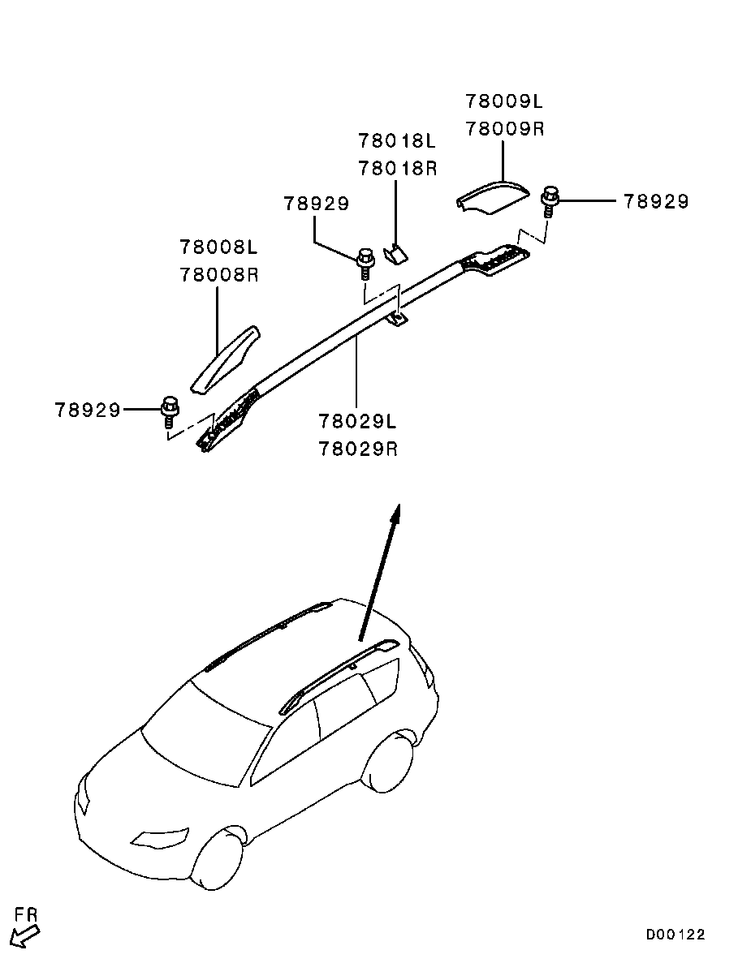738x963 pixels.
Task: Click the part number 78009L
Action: click(x=504, y=101)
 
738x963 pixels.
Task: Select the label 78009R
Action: click(x=504, y=129)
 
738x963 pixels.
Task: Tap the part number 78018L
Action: click(x=397, y=141)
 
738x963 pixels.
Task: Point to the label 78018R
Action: click(x=398, y=168)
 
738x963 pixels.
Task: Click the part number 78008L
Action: click(x=218, y=247)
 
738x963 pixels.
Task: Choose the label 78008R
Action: click(x=219, y=274)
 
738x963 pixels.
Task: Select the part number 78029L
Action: click(x=357, y=421)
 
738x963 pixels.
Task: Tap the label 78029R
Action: click(x=358, y=449)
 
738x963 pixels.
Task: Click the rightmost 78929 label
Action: click(x=656, y=201)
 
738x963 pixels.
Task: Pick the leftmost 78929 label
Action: click(x=88, y=410)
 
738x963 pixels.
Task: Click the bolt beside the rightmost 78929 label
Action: click(x=548, y=202)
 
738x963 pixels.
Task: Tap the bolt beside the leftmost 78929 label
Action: click(x=168, y=412)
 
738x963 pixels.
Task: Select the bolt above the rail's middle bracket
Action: click(x=365, y=263)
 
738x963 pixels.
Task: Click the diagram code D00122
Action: click(x=675, y=934)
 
